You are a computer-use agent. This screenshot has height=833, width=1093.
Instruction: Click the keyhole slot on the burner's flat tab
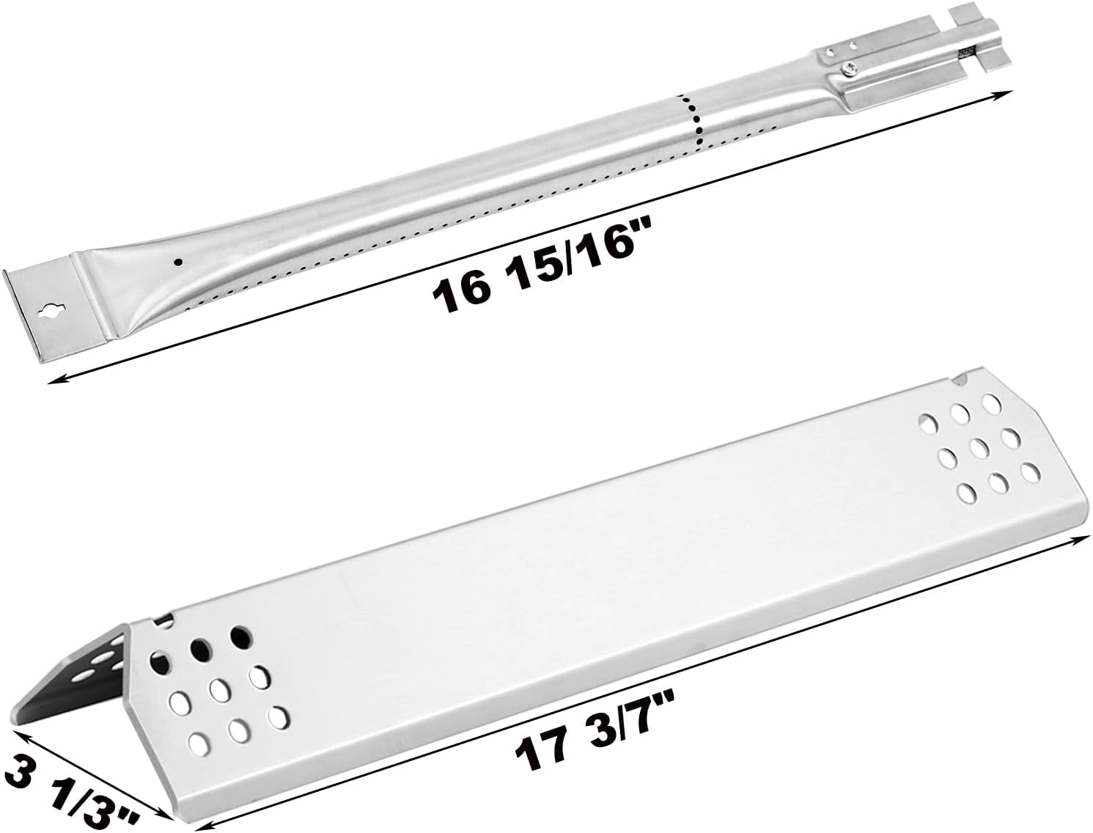coord(51,313)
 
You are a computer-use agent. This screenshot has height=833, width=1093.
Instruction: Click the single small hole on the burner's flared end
coord(178,261)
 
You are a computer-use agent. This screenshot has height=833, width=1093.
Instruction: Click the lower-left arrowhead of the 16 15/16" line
coord(57,381)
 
